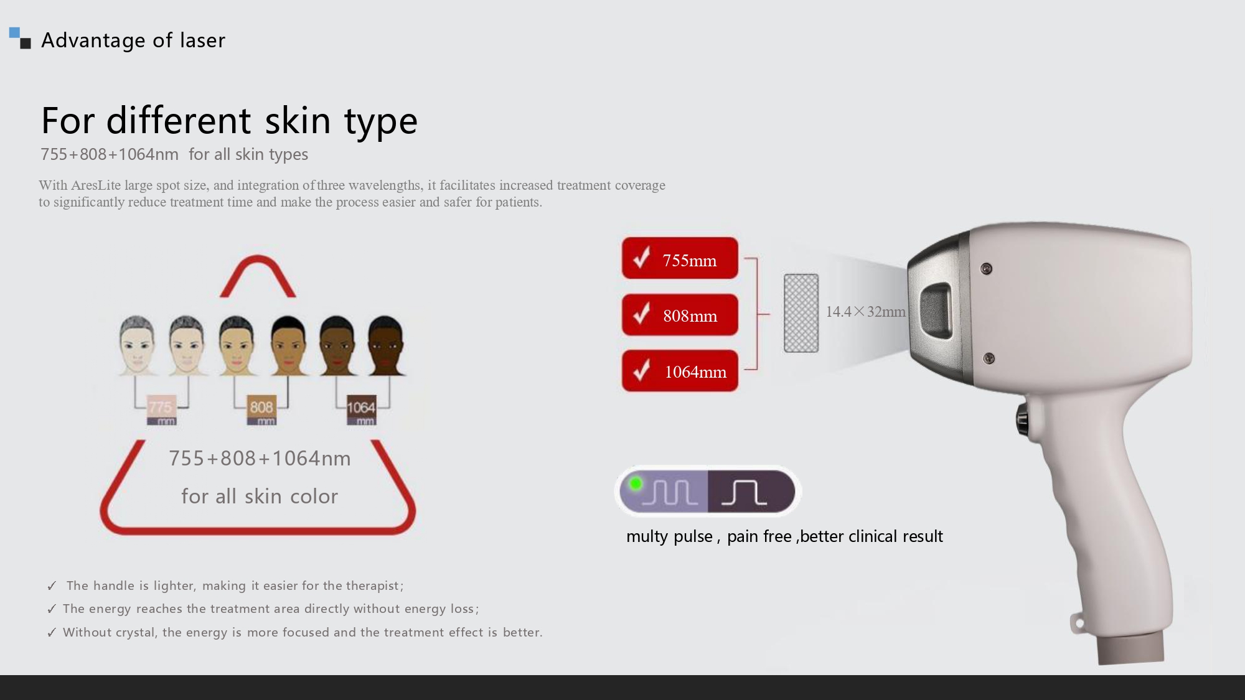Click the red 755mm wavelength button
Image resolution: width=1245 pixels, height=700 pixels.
(x=680, y=258)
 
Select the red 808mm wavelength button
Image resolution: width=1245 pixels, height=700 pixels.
(x=680, y=315)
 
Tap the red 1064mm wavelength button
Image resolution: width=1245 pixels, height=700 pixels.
(x=680, y=371)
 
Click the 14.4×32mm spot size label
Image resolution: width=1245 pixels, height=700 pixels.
(x=865, y=312)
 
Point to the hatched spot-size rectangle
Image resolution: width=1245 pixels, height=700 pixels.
(x=801, y=313)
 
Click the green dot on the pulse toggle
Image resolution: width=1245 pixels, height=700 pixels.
(x=636, y=483)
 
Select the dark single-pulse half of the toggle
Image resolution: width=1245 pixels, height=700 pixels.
(x=751, y=492)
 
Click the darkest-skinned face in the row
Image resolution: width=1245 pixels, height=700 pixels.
(x=386, y=346)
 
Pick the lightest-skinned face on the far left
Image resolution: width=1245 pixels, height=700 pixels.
(x=136, y=346)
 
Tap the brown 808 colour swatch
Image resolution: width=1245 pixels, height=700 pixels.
(x=261, y=409)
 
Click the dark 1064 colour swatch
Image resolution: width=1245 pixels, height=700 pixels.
(x=361, y=409)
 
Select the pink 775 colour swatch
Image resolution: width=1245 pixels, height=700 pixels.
(x=161, y=409)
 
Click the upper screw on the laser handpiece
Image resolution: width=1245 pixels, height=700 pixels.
(x=986, y=269)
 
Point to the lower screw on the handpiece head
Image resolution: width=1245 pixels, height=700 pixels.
(x=988, y=358)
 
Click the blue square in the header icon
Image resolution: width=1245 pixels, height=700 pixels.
(x=14, y=32)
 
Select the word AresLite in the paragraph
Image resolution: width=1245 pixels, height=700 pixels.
(x=96, y=185)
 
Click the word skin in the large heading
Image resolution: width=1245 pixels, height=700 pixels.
(x=298, y=120)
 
